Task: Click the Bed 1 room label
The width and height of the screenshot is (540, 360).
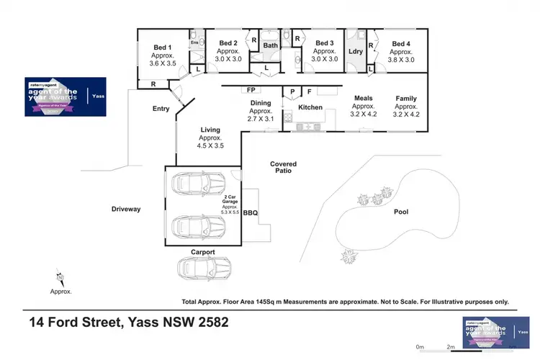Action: (161, 48)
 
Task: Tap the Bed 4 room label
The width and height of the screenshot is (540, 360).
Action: (401, 43)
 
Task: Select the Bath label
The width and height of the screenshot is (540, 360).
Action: (270, 45)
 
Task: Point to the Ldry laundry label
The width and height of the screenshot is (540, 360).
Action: (355, 51)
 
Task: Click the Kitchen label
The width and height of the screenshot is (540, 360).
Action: (311, 107)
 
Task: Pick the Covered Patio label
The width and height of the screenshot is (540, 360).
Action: (284, 168)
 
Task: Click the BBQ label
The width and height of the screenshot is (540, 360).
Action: (250, 213)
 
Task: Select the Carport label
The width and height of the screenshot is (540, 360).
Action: (204, 252)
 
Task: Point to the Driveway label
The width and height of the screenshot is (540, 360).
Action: (126, 209)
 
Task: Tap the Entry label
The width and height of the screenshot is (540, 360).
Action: (161, 109)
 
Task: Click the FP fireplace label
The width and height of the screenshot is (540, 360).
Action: (251, 90)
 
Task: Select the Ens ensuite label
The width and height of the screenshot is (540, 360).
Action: (194, 43)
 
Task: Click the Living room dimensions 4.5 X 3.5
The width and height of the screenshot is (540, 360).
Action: (210, 145)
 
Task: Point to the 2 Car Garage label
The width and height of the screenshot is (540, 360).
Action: (232, 197)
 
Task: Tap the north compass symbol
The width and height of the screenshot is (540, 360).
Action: (60, 276)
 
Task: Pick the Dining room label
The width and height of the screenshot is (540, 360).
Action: (260, 103)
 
